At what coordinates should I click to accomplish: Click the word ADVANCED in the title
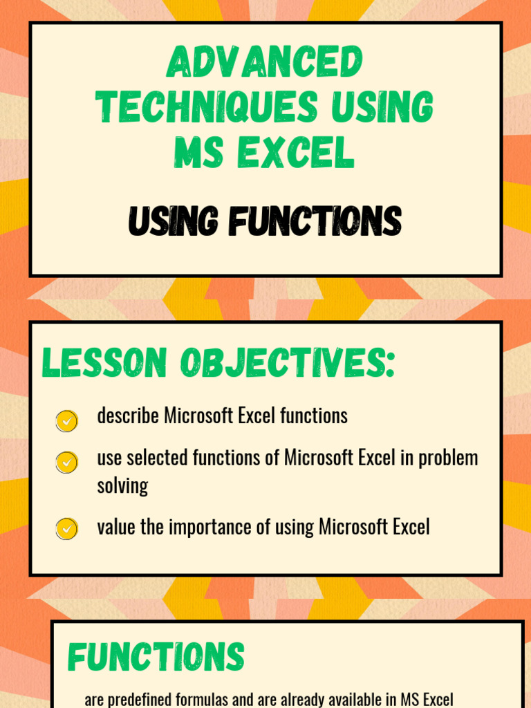[x=265, y=64]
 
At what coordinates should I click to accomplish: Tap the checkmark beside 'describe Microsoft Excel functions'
[x=66, y=420]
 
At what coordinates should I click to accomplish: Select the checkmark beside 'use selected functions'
[x=66, y=462]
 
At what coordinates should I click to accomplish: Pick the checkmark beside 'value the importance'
[x=66, y=529]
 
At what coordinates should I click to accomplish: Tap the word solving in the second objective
[x=122, y=486]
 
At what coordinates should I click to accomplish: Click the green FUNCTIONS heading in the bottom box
[x=156, y=657]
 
